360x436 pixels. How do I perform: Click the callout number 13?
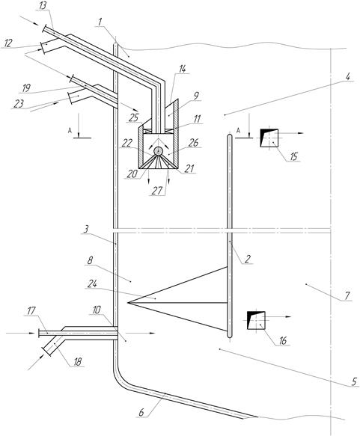click(x=43, y=5)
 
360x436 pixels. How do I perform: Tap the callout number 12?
click(x=9, y=43)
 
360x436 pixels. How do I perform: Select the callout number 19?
click(x=26, y=88)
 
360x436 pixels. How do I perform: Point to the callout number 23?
click(x=19, y=104)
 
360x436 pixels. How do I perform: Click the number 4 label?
click(x=348, y=76)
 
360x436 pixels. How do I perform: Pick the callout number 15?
click(x=293, y=156)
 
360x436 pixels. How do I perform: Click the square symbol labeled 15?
click(x=269, y=138)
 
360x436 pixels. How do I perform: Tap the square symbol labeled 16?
click(x=256, y=320)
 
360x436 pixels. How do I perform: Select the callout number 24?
click(x=92, y=283)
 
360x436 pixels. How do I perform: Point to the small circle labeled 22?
click(x=159, y=151)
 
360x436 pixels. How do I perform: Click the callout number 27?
click(x=156, y=191)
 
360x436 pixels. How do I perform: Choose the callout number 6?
click(x=141, y=412)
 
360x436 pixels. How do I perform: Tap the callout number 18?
click(x=77, y=361)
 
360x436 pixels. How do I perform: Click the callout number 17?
click(x=31, y=310)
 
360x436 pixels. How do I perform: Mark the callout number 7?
click(x=347, y=295)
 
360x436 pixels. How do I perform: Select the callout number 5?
click(x=353, y=381)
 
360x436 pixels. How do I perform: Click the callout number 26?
click(x=193, y=143)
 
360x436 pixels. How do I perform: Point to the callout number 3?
click(x=86, y=229)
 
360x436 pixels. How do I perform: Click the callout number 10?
click(x=97, y=310)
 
